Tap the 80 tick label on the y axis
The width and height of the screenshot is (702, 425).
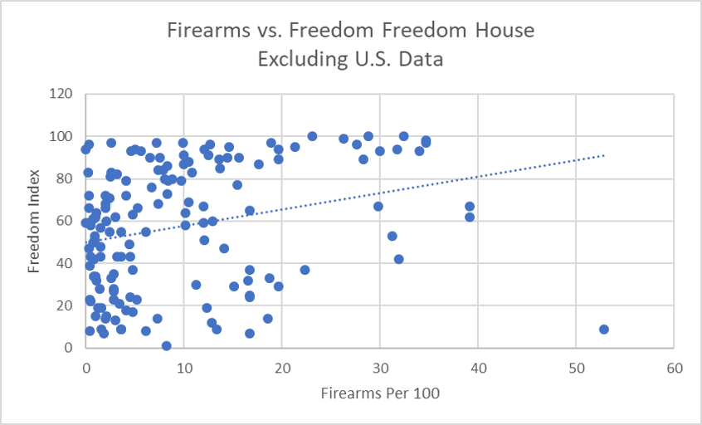click(x=65, y=178)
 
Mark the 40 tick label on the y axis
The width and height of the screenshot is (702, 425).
click(x=65, y=263)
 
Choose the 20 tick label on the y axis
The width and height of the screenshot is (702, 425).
click(x=65, y=305)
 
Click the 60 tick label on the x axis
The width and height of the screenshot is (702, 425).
click(x=674, y=366)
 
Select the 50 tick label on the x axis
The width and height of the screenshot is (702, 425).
click(x=576, y=366)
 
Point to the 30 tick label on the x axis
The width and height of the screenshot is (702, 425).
click(x=380, y=366)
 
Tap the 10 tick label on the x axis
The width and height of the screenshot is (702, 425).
click(x=184, y=366)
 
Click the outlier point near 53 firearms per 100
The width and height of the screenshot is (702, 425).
click(x=604, y=329)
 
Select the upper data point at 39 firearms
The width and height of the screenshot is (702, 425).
click(x=470, y=206)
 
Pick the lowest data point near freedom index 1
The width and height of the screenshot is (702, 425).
click(x=167, y=345)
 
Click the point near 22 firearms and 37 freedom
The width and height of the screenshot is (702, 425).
click(x=305, y=270)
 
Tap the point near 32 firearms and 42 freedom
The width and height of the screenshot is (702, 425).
click(x=399, y=259)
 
